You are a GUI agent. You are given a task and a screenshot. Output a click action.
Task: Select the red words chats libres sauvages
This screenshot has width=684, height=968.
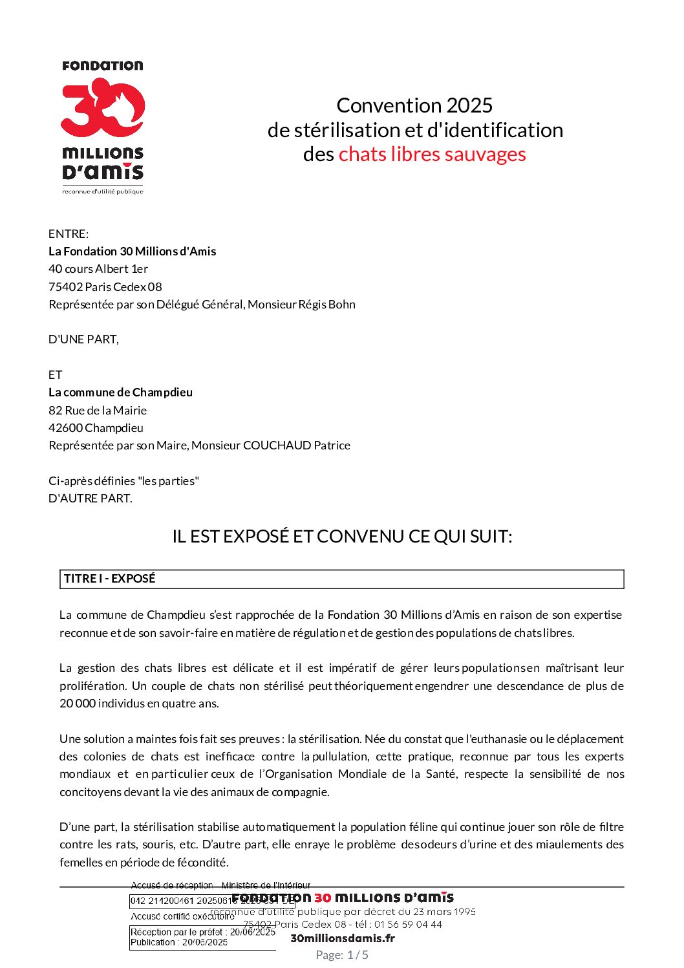[x=432, y=155]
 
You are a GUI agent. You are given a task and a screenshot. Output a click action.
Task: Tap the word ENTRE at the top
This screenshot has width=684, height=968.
[x=67, y=234]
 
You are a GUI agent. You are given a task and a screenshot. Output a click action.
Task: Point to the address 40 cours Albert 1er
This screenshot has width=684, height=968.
[x=98, y=269]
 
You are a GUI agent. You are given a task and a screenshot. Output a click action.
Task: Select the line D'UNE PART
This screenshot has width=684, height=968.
[x=83, y=339]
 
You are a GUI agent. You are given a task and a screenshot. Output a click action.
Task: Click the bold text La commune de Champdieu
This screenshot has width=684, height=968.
[x=120, y=393]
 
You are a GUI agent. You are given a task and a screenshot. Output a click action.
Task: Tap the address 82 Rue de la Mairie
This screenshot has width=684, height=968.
[x=98, y=411]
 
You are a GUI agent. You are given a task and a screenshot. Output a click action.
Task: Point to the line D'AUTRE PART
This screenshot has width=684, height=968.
[x=91, y=499]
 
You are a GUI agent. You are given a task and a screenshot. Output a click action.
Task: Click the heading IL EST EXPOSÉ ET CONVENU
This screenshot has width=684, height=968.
[x=342, y=537]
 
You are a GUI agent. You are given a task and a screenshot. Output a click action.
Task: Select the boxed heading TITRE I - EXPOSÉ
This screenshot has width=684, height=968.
[x=110, y=579]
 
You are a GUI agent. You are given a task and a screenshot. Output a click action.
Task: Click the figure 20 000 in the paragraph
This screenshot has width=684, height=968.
[x=78, y=704]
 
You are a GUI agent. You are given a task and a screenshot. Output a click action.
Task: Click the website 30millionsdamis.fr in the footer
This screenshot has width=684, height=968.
[x=343, y=938]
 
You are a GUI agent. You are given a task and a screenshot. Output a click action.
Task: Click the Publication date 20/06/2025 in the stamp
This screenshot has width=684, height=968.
[x=205, y=942]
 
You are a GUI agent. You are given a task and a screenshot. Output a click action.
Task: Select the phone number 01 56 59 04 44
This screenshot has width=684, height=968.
[x=408, y=925]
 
